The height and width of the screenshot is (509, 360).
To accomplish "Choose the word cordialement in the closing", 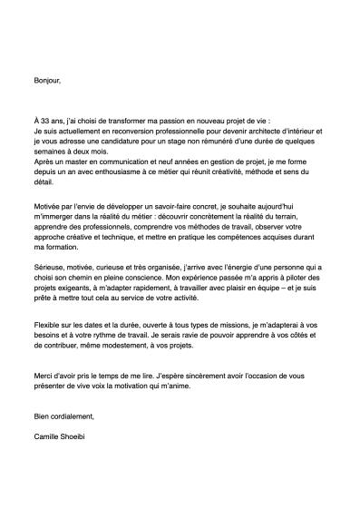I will point(72,416).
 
